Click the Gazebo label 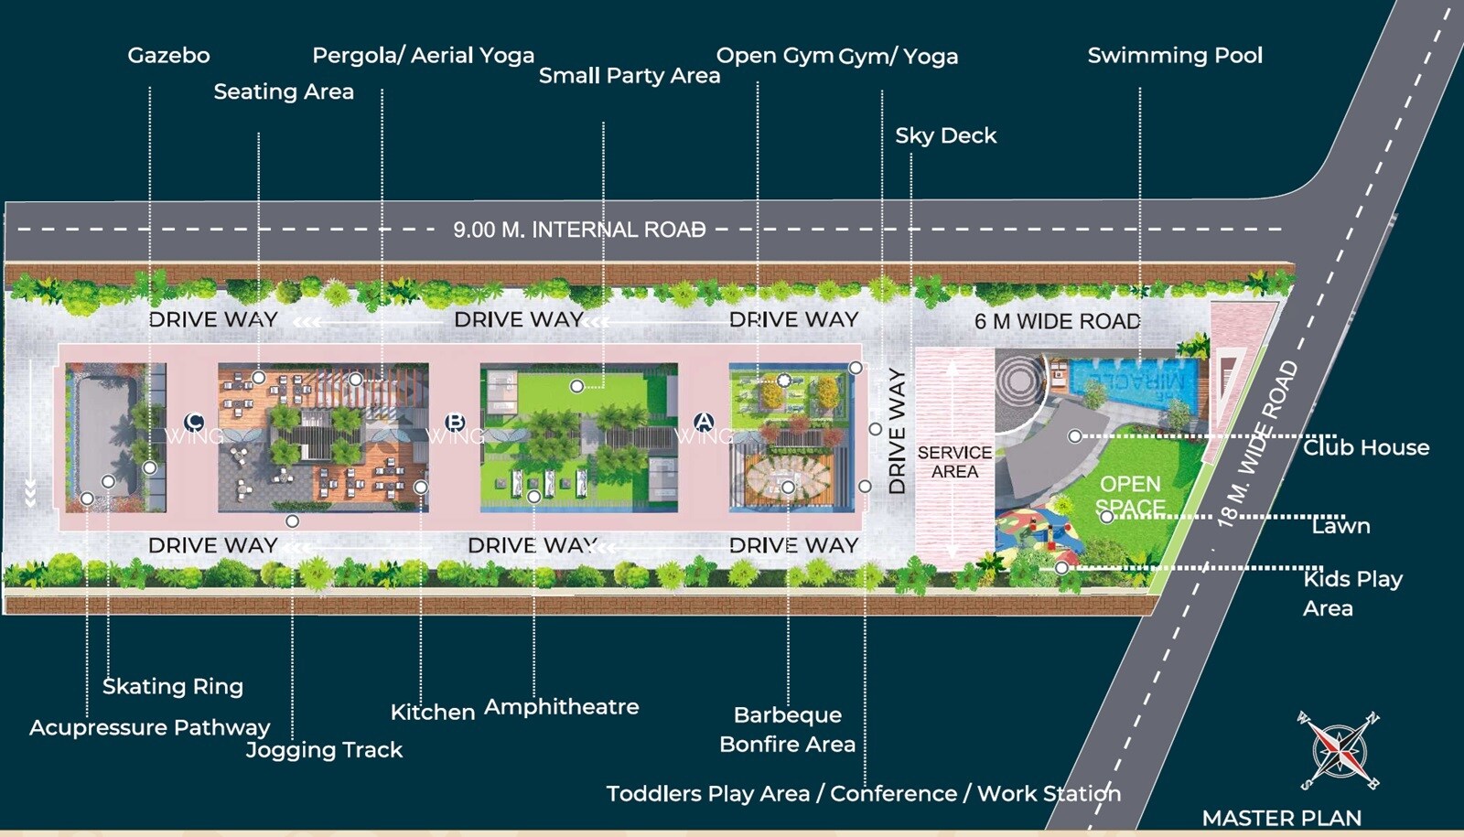click(x=168, y=56)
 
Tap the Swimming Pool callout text click(x=1175, y=56)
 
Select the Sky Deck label click(x=945, y=136)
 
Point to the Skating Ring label click(x=173, y=686)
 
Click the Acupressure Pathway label click(x=149, y=728)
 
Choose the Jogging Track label click(x=324, y=750)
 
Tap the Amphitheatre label click(x=561, y=707)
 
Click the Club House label click(x=1365, y=447)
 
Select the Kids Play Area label click(x=1351, y=593)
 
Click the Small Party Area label click(x=629, y=76)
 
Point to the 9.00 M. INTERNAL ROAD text click(x=579, y=230)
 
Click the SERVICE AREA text click(x=954, y=462)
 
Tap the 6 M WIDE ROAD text click(x=1057, y=321)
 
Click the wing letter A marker click(x=704, y=422)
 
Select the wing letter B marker click(x=455, y=423)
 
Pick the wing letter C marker click(x=194, y=422)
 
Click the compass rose click(x=1339, y=750)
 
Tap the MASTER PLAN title click(x=1281, y=818)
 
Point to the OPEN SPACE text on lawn click(x=1130, y=495)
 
